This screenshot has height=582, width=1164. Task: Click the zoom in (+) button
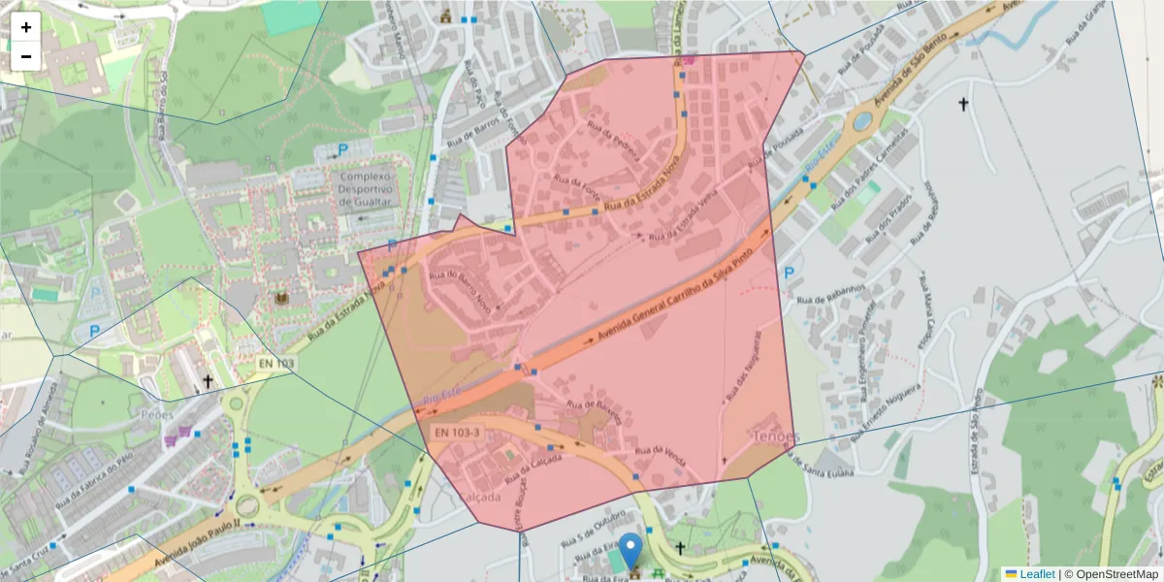[x=26, y=27]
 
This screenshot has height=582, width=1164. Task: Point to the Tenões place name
[x=775, y=437]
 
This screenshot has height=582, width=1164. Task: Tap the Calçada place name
[x=478, y=497]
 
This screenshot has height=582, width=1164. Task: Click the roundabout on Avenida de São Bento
[x=860, y=121]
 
